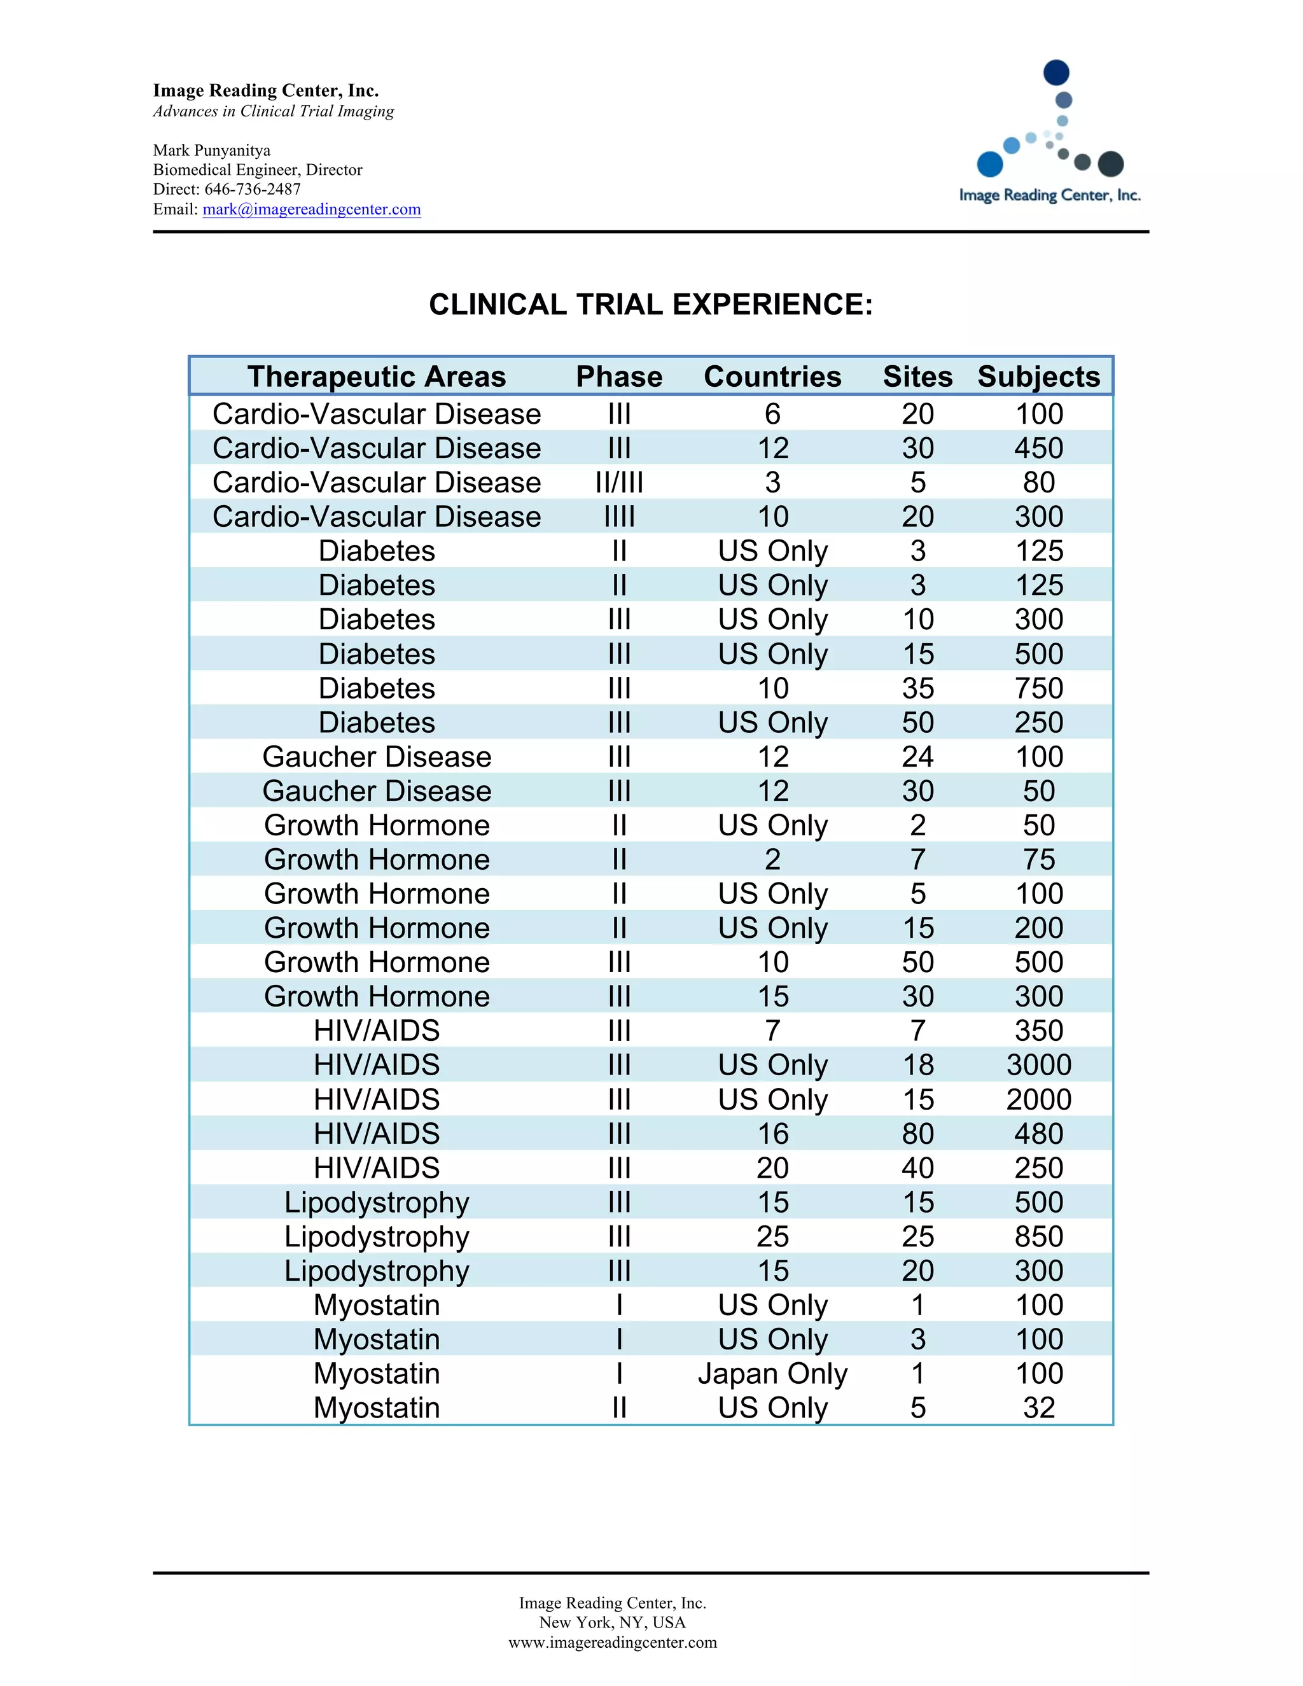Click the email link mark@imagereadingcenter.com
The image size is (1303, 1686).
tap(311, 209)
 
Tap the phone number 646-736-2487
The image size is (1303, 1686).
tap(253, 189)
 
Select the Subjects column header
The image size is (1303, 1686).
tap(1038, 377)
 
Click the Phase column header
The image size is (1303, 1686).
tap(619, 377)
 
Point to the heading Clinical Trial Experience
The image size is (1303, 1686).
tap(651, 305)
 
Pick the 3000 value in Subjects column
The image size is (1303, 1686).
tap(1038, 1065)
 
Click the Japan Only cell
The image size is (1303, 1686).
tap(772, 1374)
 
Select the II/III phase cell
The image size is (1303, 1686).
tap(619, 482)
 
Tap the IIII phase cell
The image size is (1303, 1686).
tap(619, 517)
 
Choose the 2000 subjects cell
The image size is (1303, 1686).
tap(1038, 1099)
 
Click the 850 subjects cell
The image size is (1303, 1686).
tap(1038, 1237)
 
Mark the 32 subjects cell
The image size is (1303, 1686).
tap(1038, 1408)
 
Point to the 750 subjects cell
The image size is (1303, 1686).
tap(1038, 688)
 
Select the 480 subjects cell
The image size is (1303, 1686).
tap(1038, 1134)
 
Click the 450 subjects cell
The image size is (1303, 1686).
tap(1038, 449)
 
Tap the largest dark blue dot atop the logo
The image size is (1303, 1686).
tap(1056, 73)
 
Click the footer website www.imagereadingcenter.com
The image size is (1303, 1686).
tap(612, 1642)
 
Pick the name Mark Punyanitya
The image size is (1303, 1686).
tap(211, 151)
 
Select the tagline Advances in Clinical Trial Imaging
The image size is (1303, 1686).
tap(273, 111)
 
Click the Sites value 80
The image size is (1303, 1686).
tap(918, 1134)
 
